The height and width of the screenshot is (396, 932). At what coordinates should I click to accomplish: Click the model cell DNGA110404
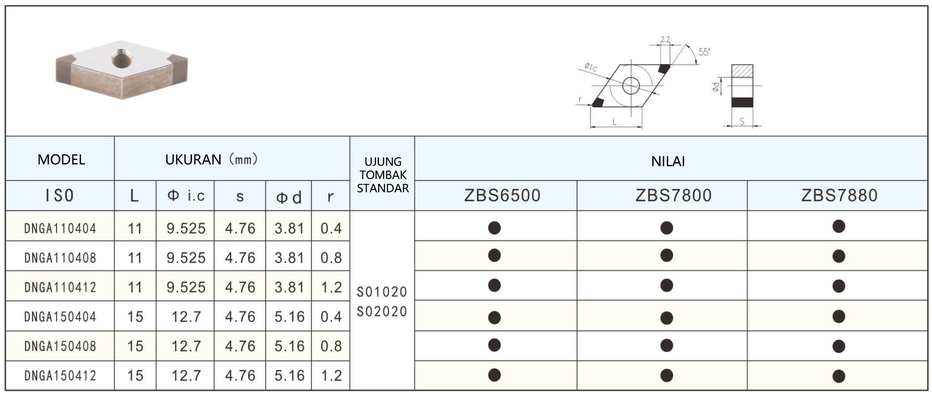[60, 228]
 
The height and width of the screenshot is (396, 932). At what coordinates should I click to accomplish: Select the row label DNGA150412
[60, 376]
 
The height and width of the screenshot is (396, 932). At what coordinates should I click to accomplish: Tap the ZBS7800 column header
[673, 195]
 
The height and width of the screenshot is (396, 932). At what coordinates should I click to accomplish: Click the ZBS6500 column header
[502, 195]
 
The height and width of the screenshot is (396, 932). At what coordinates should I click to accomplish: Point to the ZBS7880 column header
[839, 195]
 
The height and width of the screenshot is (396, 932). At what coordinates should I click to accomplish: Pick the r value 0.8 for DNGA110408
[331, 258]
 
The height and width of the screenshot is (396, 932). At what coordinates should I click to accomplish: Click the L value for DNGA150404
[135, 316]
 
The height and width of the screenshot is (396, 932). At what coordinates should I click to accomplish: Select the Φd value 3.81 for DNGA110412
[290, 287]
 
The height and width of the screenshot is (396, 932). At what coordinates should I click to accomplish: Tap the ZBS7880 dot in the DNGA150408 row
[839, 346]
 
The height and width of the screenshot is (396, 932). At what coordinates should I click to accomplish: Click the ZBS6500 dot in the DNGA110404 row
[494, 228]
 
